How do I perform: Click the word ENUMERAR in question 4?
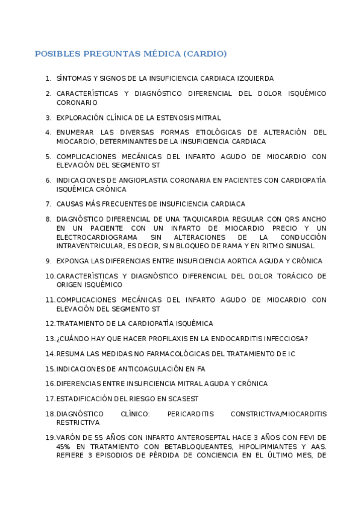pos(75,133)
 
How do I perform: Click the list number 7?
pos(48,204)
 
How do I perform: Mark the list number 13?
pos(49,339)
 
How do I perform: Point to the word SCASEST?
pos(183,399)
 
